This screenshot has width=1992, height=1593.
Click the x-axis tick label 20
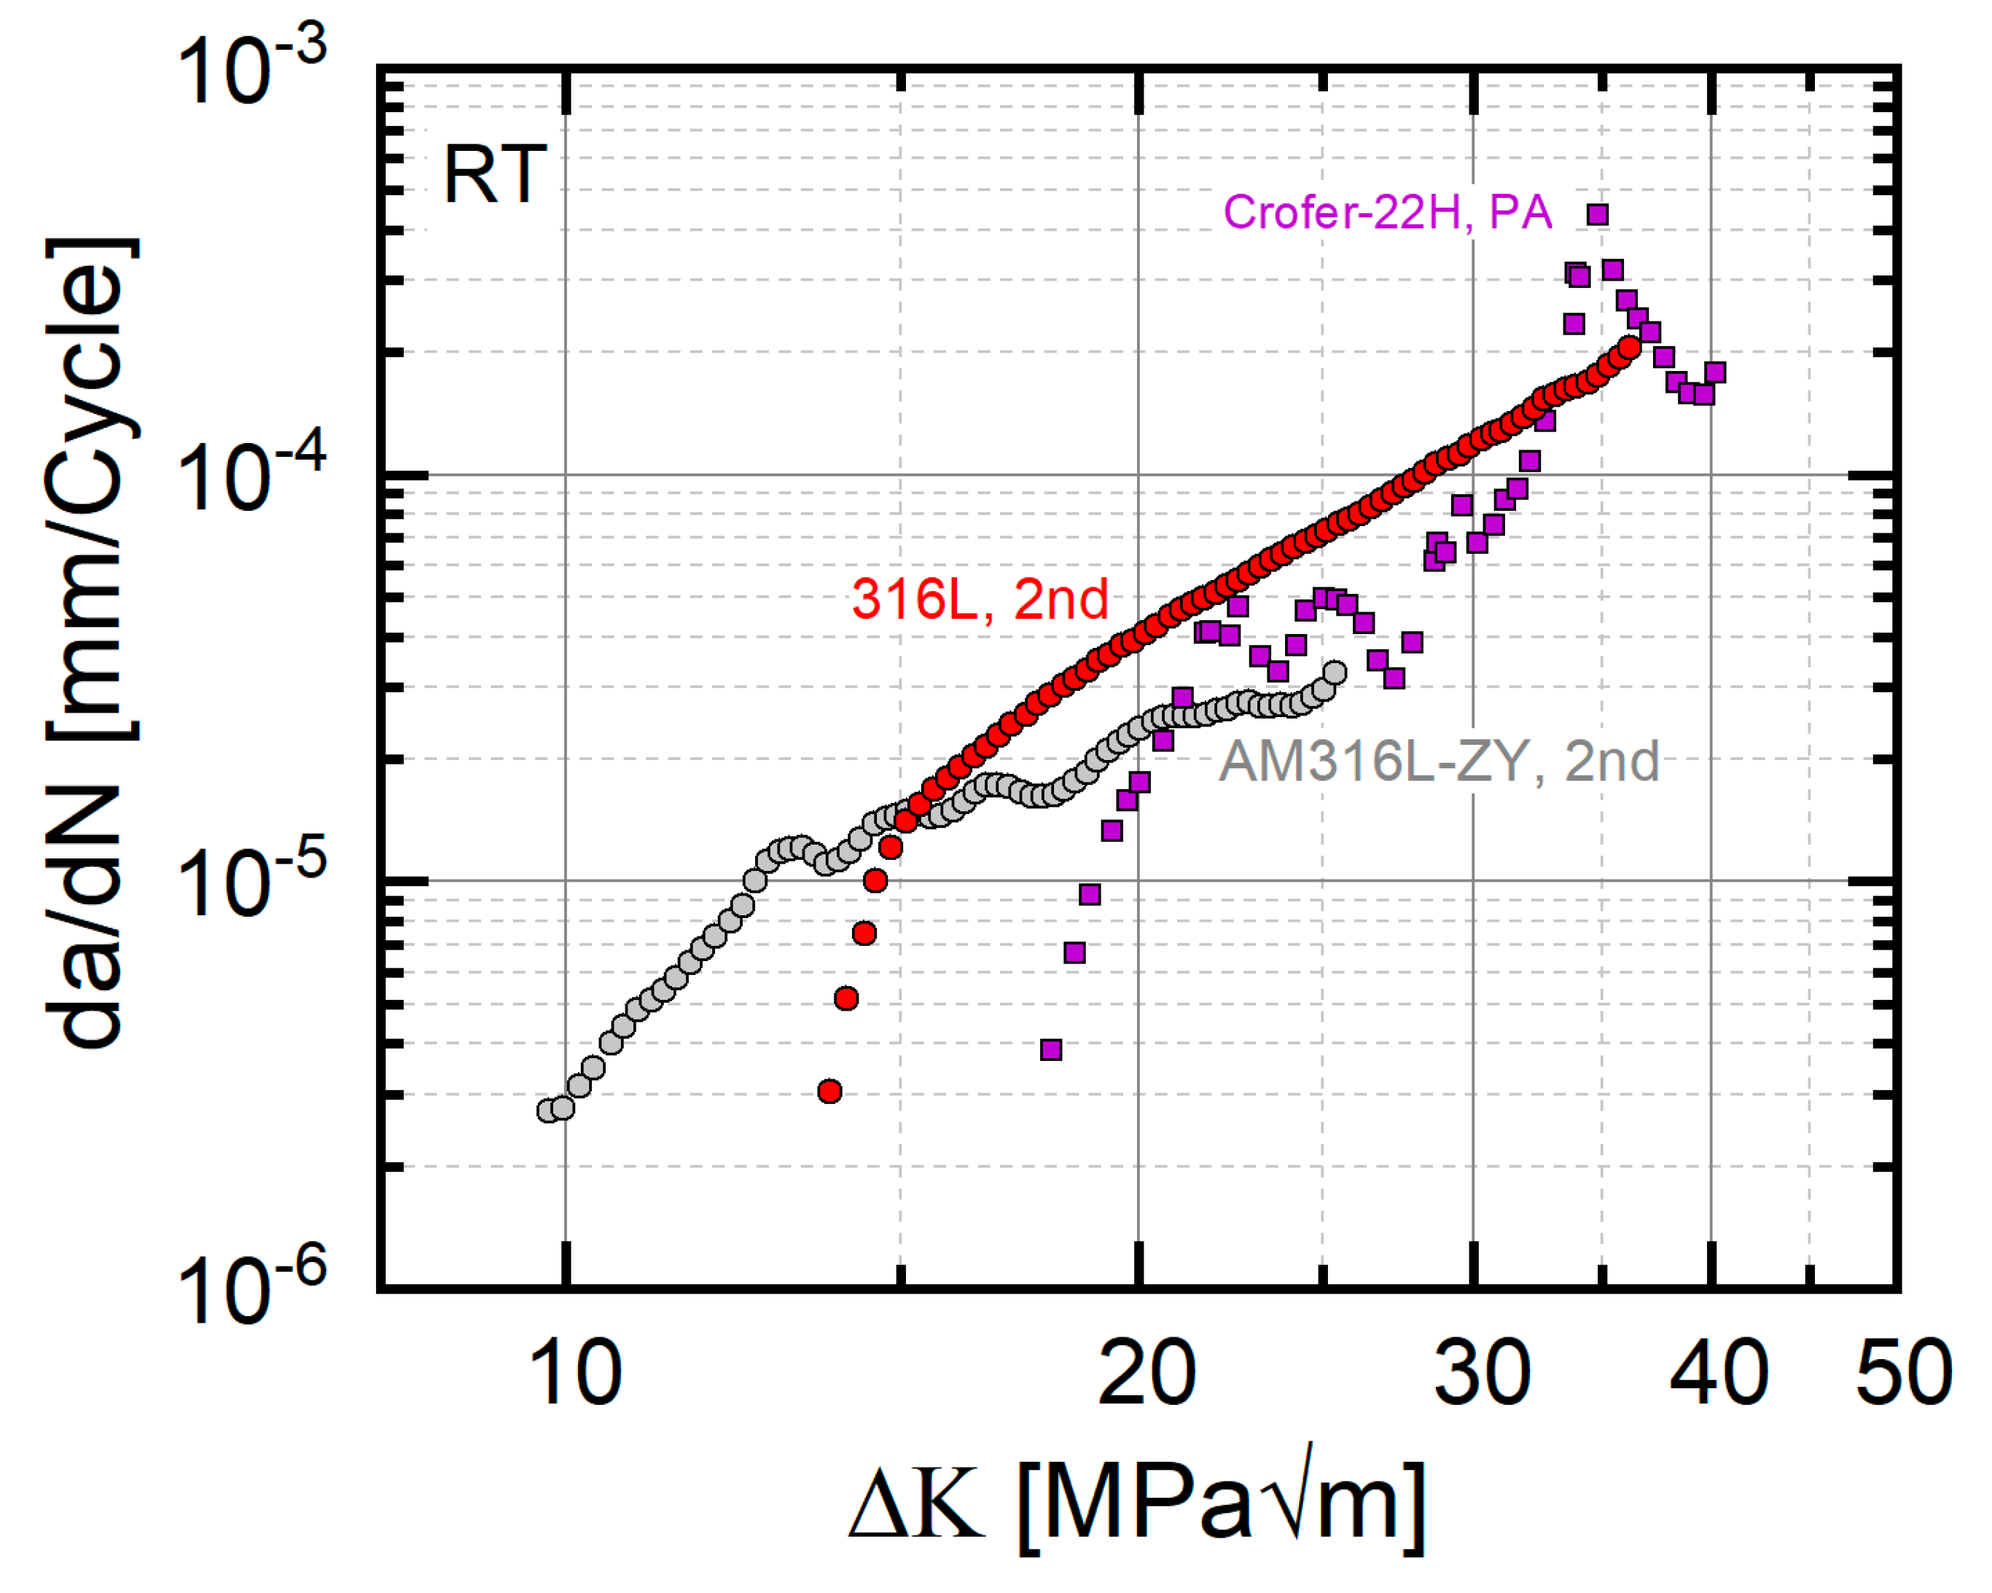(1147, 1374)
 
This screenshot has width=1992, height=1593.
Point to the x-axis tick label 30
(1482, 1374)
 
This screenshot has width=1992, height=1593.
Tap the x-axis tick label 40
(1719, 1374)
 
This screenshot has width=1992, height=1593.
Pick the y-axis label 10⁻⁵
(249, 883)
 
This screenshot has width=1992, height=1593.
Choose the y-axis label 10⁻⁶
(249, 1290)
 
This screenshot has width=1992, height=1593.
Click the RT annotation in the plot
(494, 175)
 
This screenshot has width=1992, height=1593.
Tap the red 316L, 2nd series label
(980, 600)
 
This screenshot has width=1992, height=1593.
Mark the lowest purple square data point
(1050, 1049)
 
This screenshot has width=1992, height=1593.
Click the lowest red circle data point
(829, 1091)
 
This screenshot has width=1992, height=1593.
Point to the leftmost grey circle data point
(548, 1110)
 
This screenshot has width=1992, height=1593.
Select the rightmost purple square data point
(1715, 372)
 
